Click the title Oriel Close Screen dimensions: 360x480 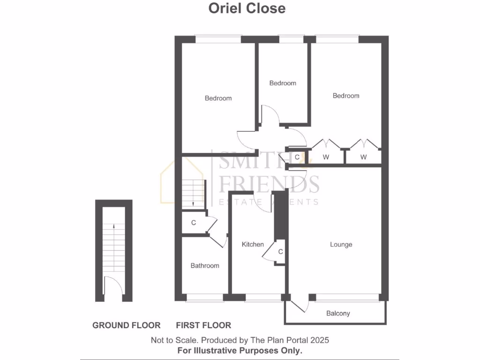coord(247,8)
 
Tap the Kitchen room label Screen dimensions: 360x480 coord(253,244)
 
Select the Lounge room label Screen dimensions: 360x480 coord(341,244)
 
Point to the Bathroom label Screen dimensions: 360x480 coord(205,265)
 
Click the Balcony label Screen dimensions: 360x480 coord(338,313)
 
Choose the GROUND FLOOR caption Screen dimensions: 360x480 coord(126,325)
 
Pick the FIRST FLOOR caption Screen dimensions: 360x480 coord(203,325)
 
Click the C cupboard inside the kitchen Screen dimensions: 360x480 coord(280,252)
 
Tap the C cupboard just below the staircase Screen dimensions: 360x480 coord(194,223)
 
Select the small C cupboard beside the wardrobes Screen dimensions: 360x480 coord(297,157)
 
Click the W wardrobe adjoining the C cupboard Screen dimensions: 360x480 coord(326,157)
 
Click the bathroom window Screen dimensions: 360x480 coord(204,297)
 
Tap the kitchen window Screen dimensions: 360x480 coord(262,297)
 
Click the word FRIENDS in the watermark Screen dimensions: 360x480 coord(270,184)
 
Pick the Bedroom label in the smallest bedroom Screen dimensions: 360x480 coord(283,83)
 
